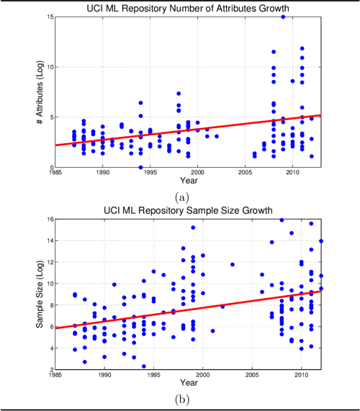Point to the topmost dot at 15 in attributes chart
click(283, 17)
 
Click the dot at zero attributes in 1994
click(141, 167)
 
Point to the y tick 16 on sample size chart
click(48, 220)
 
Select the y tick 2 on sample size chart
click(50, 369)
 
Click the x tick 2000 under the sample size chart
click(203, 376)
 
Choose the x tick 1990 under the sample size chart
click(104, 376)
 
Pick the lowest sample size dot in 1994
click(143, 366)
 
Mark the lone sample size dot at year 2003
click(233, 264)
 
